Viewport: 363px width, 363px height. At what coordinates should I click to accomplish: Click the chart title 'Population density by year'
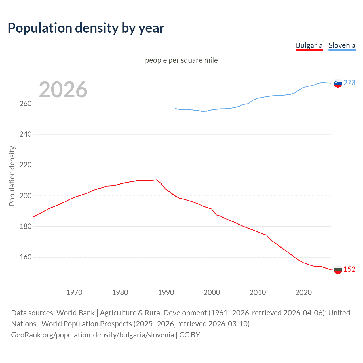(x=86, y=28)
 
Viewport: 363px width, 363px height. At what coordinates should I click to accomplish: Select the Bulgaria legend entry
(x=309, y=45)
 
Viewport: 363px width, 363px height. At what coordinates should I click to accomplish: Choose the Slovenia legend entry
(x=342, y=45)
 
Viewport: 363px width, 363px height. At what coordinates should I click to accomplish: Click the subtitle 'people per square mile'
(x=181, y=60)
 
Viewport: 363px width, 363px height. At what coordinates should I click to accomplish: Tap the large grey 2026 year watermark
(x=63, y=90)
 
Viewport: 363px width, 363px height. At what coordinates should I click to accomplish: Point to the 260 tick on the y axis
(x=25, y=104)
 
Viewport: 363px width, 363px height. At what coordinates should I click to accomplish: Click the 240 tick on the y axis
(x=25, y=134)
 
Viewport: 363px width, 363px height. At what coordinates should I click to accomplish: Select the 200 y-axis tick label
(x=25, y=196)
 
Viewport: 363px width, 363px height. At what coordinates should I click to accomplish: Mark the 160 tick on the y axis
(x=25, y=257)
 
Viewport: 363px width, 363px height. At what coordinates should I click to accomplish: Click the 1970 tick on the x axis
(x=74, y=292)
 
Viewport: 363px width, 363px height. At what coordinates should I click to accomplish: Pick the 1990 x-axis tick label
(x=166, y=292)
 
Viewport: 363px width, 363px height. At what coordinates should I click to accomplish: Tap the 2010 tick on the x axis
(x=258, y=292)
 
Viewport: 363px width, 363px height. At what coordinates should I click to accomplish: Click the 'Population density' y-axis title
(x=12, y=176)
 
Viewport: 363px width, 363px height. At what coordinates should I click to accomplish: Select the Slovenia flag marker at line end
(x=338, y=83)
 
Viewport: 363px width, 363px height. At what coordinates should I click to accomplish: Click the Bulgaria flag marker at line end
(x=338, y=270)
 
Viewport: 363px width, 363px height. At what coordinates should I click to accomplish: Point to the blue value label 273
(x=349, y=83)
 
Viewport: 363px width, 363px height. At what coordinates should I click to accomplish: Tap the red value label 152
(x=349, y=269)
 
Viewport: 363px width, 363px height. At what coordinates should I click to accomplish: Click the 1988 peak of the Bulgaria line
(x=157, y=180)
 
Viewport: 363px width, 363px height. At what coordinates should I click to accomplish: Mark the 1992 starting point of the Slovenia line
(x=175, y=109)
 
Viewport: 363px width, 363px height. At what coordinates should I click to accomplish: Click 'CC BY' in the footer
(x=190, y=335)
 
